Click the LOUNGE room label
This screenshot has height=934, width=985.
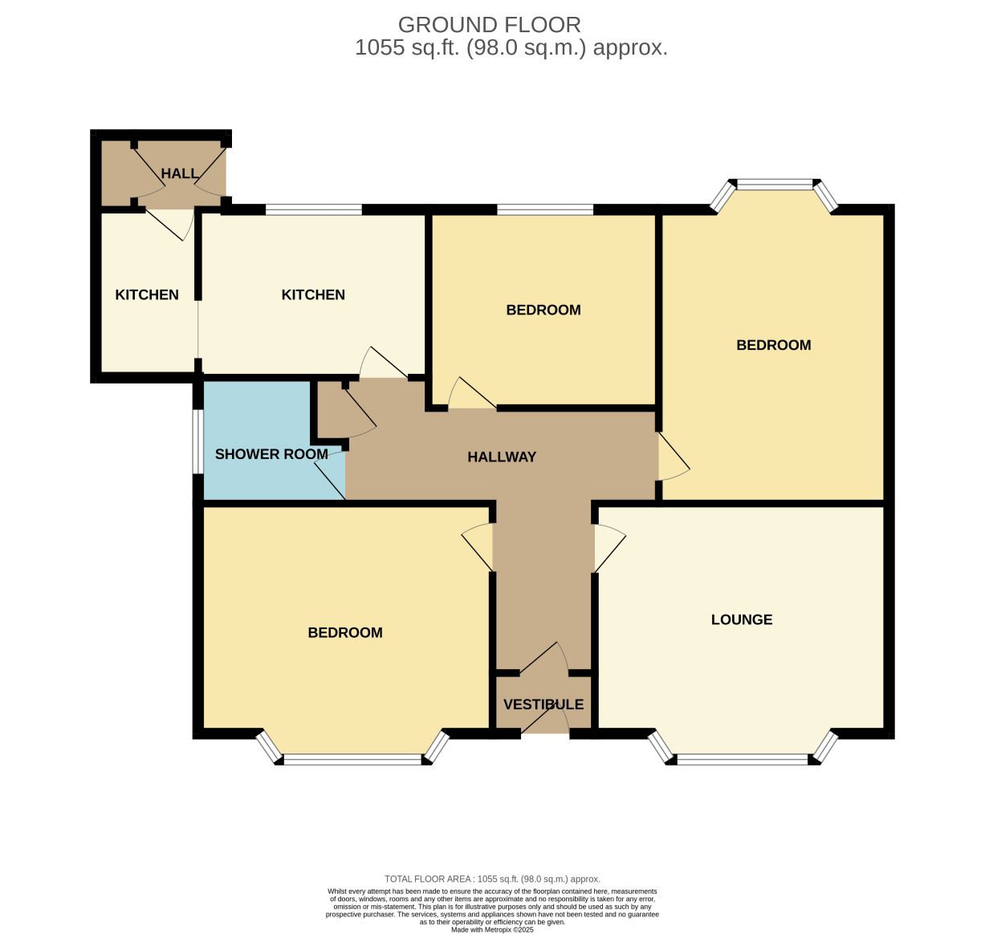[x=741, y=619]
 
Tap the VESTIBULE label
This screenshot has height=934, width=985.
[x=543, y=705]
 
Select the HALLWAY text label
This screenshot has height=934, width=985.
[x=502, y=457]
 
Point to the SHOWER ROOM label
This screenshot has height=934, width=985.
[x=271, y=454]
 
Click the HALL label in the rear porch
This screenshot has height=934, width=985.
[x=179, y=173]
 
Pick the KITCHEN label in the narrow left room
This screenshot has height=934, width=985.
[x=147, y=294]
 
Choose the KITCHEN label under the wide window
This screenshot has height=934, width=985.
[x=313, y=294]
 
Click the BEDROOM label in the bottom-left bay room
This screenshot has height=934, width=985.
[x=345, y=632]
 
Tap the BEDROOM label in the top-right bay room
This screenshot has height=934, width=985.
[x=774, y=345]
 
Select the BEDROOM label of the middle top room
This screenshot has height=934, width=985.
[x=543, y=310]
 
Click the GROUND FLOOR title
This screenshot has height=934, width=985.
[x=490, y=25]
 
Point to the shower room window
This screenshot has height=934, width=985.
[x=198, y=441]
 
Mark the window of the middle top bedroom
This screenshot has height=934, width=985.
[x=545, y=209]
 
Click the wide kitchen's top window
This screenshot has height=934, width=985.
[x=314, y=209]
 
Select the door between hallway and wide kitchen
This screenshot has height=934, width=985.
[x=383, y=363]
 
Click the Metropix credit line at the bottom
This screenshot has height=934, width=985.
[x=493, y=930]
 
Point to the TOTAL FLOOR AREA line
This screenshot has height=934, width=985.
[x=493, y=879]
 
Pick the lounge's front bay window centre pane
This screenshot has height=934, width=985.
[x=743, y=760]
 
